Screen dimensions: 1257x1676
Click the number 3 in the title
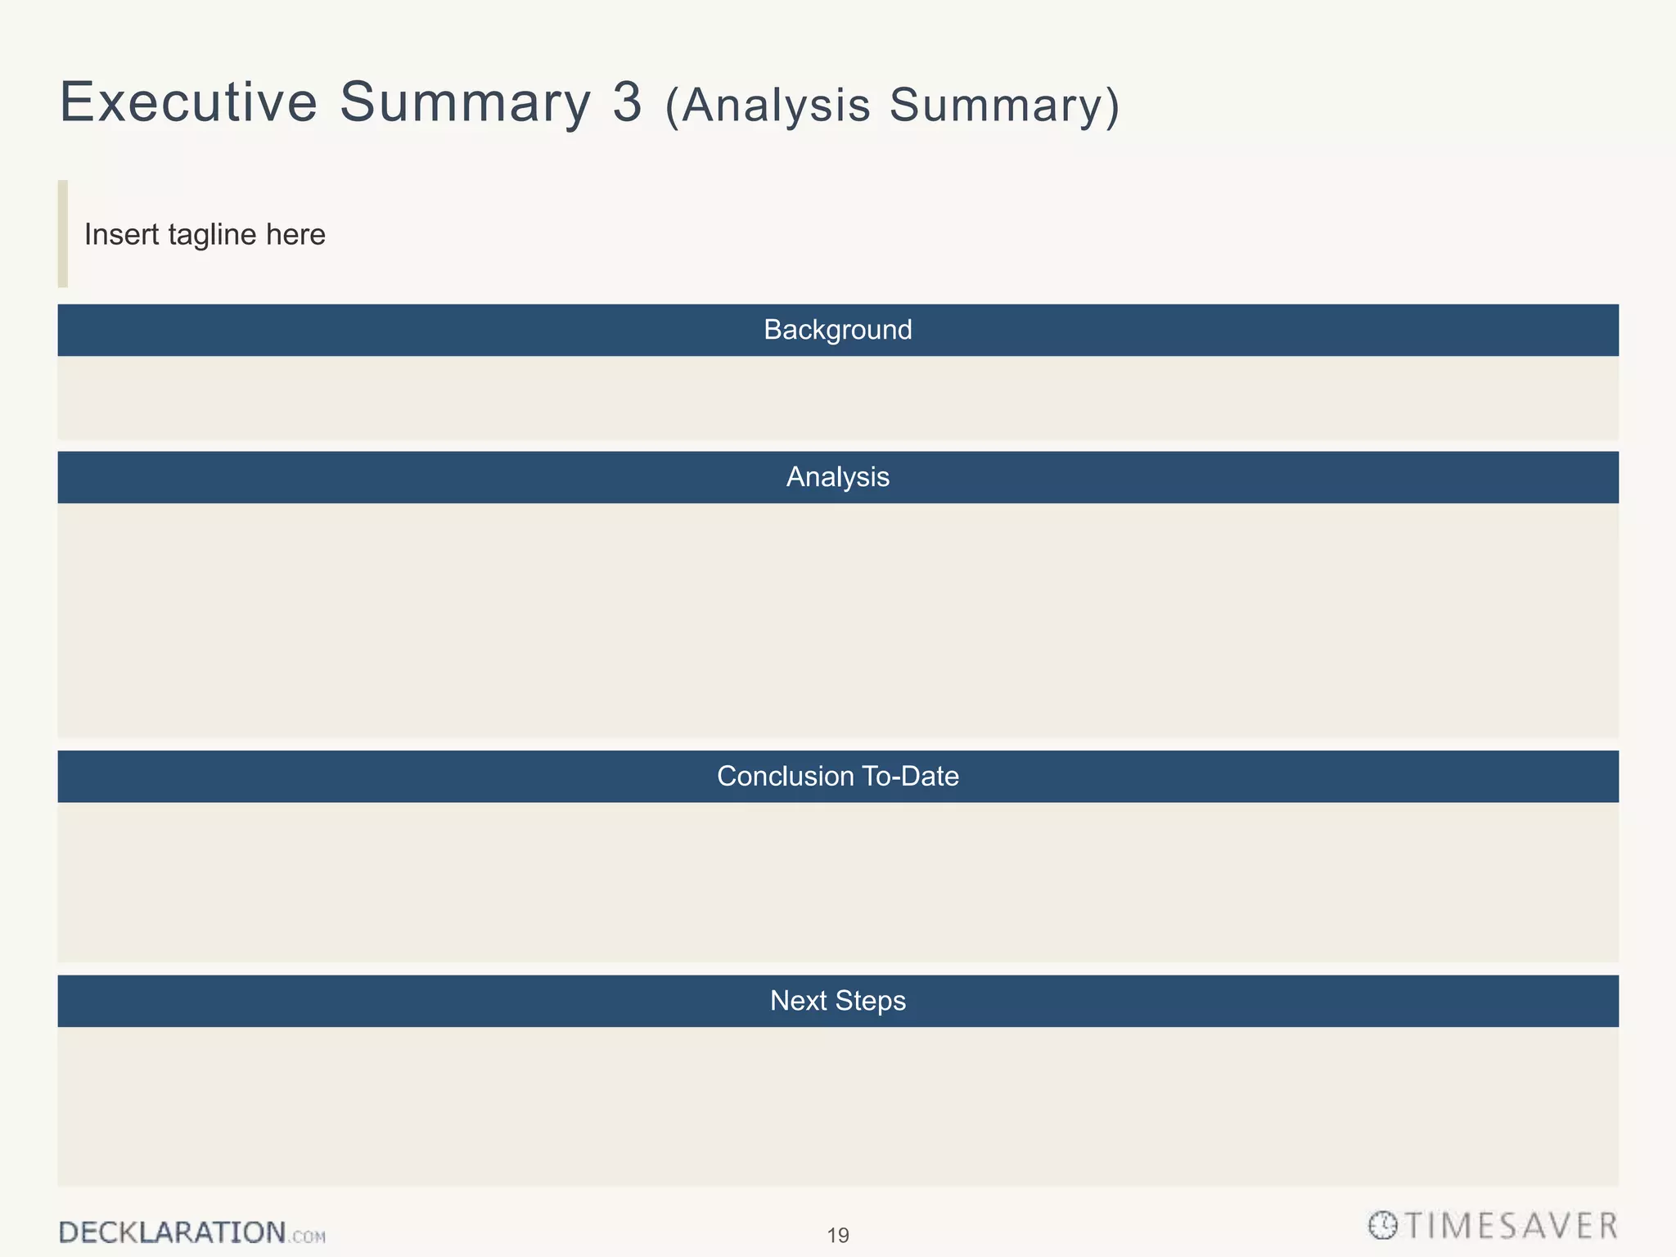coord(627,103)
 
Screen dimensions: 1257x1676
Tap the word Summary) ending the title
coord(1005,106)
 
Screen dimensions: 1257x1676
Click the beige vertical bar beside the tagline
coord(63,234)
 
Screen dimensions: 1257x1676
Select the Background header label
coord(837,330)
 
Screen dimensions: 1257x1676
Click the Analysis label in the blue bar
coord(837,477)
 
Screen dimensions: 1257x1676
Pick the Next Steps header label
coord(837,1001)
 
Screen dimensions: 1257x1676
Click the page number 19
coord(838,1236)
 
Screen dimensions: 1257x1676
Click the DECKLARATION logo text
coord(172,1232)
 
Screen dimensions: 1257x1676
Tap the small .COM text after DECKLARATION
coord(307,1237)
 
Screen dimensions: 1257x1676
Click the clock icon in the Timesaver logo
coord(1382,1226)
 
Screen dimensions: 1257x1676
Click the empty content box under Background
coord(837,398)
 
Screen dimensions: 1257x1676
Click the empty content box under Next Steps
coord(837,1106)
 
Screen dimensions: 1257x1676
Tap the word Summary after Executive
coord(464,103)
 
